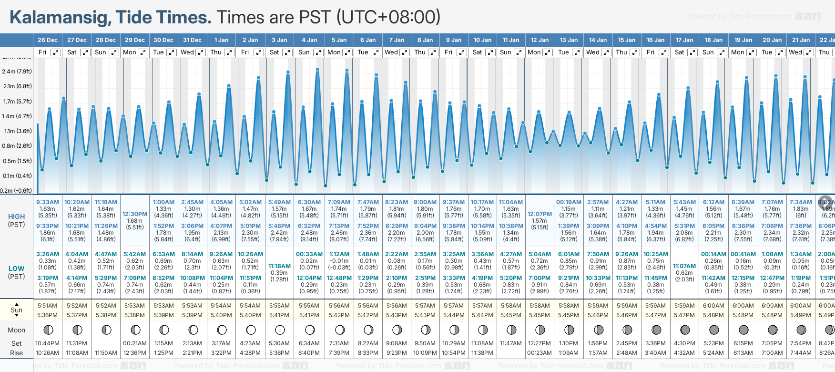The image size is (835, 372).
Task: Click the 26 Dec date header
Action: [48, 40]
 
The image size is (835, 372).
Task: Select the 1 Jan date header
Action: [221, 40]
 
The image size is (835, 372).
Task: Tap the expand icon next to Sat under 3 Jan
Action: [287, 52]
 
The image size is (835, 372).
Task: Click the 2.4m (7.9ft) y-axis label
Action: [17, 72]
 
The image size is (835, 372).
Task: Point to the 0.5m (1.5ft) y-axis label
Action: [17, 161]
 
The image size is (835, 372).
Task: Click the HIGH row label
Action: [17, 217]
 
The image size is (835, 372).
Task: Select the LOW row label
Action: [17, 269]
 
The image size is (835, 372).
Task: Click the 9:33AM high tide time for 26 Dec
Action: [48, 202]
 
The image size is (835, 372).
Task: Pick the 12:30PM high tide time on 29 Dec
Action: [135, 214]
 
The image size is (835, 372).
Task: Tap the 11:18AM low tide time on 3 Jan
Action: [279, 266]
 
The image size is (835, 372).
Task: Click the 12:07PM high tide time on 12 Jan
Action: [540, 214]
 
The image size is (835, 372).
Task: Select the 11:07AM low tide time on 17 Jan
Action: [684, 266]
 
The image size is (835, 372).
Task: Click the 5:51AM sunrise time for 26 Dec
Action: [48, 306]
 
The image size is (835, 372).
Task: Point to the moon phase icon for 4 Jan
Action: [310, 330]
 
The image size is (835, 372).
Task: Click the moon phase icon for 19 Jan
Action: [743, 330]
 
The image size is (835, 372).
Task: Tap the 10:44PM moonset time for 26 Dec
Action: [48, 343]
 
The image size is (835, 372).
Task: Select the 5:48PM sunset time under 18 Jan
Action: [714, 315]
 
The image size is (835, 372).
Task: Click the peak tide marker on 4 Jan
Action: [317, 69]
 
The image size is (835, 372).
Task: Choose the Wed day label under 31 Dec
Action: [187, 52]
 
